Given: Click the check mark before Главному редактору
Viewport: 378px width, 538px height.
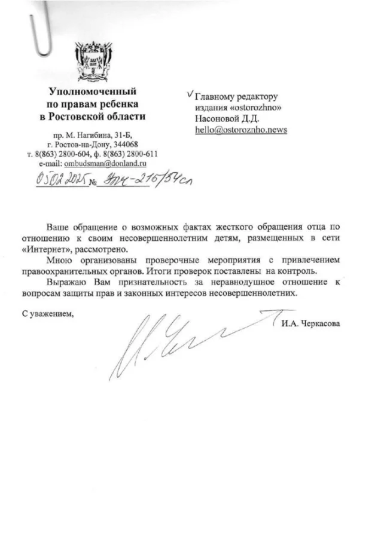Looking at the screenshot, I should pyautogui.click(x=190, y=94).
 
